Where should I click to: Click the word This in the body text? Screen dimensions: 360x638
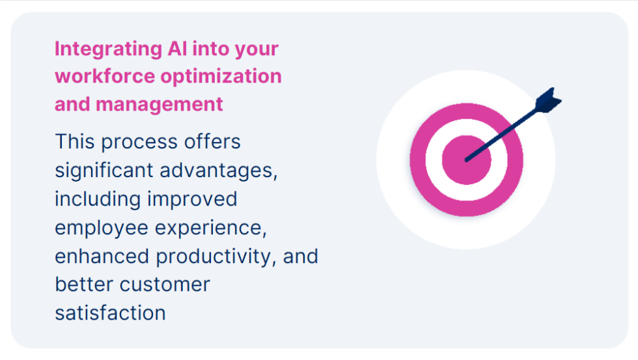point(75,141)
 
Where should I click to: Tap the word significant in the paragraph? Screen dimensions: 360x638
point(104,171)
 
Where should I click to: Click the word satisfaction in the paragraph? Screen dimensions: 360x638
point(110,312)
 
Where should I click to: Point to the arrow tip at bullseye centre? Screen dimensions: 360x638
point(467,159)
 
